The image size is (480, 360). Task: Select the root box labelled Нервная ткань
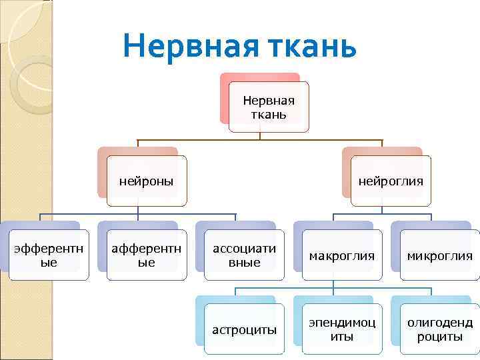coord(269,107)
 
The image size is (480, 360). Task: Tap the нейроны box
coord(147,181)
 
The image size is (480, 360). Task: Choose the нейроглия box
coord(391,181)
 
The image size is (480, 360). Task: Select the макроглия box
coord(342,255)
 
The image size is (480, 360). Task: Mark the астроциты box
coord(245,329)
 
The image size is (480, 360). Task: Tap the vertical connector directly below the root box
coord(260,136)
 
